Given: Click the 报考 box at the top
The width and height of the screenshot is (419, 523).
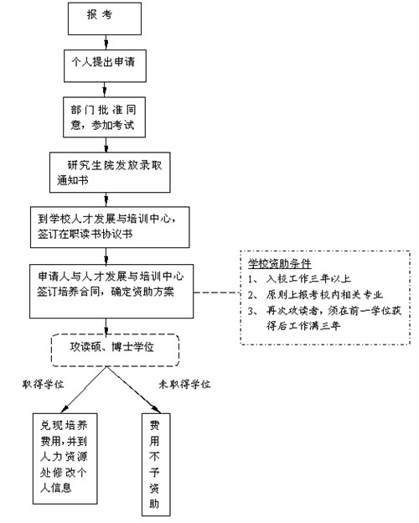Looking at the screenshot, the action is click(x=105, y=18).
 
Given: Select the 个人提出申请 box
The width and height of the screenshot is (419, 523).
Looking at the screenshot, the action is click(x=105, y=66).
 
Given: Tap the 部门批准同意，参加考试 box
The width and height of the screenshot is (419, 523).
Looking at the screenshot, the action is click(x=105, y=117).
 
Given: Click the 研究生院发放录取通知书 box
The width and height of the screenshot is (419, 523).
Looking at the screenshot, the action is click(x=110, y=173).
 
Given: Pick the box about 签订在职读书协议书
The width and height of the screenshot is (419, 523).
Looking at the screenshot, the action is click(x=110, y=227).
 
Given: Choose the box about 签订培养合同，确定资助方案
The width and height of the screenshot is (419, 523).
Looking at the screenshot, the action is click(x=111, y=292).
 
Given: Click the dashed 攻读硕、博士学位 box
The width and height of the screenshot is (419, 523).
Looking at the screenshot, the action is click(x=115, y=350).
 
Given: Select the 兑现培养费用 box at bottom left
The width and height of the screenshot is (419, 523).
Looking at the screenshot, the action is click(x=65, y=458).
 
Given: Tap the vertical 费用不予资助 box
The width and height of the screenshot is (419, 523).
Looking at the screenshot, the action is click(x=156, y=464).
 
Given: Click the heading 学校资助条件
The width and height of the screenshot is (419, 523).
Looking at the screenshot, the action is click(x=280, y=263).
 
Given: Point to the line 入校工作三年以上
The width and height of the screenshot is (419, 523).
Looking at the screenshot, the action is click(x=308, y=278).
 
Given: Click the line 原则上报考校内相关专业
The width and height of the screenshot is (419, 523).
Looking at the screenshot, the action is click(x=324, y=294).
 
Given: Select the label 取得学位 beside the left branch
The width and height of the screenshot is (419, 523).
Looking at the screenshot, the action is click(x=43, y=384).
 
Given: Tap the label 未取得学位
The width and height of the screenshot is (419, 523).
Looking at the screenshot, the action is click(x=184, y=384).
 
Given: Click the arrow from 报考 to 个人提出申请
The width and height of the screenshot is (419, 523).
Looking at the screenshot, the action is click(x=106, y=43).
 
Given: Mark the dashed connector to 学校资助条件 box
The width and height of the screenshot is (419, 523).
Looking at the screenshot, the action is click(x=217, y=293).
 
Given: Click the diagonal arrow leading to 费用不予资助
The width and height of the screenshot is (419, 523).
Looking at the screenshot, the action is click(x=133, y=390).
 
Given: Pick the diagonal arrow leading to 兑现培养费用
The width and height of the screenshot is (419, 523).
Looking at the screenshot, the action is click(x=84, y=390).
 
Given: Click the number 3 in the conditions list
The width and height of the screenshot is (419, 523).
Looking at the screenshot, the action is click(x=251, y=311).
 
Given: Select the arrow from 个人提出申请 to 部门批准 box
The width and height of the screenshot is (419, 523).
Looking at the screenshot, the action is click(x=106, y=90).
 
